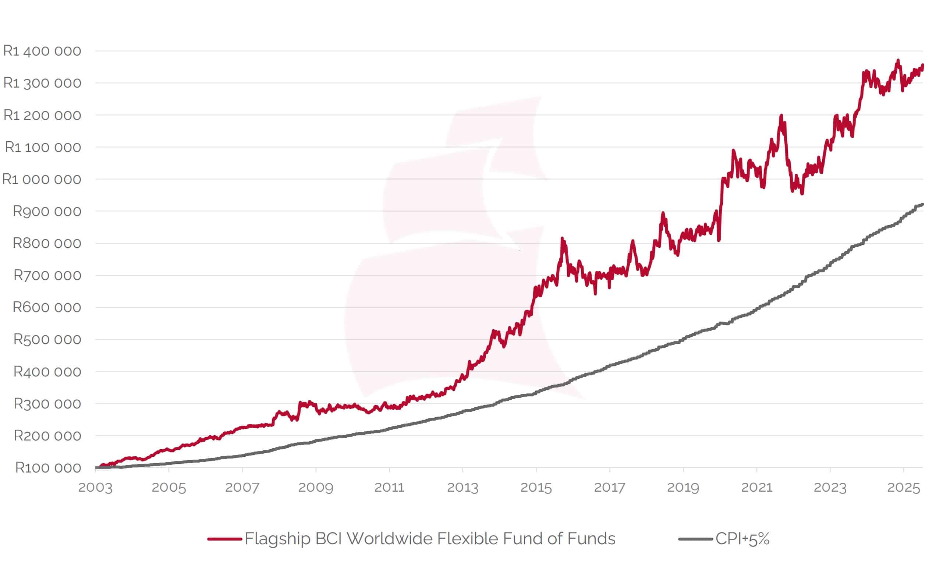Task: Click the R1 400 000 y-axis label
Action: (x=42, y=51)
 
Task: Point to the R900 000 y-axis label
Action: (x=47, y=211)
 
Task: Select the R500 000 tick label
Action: (x=47, y=340)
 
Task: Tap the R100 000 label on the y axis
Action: (x=48, y=468)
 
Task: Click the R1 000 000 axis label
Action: (x=42, y=179)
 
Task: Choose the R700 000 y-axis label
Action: (x=47, y=275)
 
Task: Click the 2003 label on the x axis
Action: (x=95, y=488)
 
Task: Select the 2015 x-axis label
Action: (x=536, y=488)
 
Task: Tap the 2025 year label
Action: (x=904, y=488)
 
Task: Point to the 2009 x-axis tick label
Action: (x=316, y=488)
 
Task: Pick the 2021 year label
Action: (x=757, y=488)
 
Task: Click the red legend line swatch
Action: (x=224, y=539)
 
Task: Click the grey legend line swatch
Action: (x=695, y=539)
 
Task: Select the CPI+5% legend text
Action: (x=742, y=539)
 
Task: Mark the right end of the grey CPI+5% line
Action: (x=922, y=204)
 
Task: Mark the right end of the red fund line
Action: (x=923, y=65)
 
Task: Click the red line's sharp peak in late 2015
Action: (x=562, y=239)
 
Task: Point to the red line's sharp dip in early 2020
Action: (x=719, y=240)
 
